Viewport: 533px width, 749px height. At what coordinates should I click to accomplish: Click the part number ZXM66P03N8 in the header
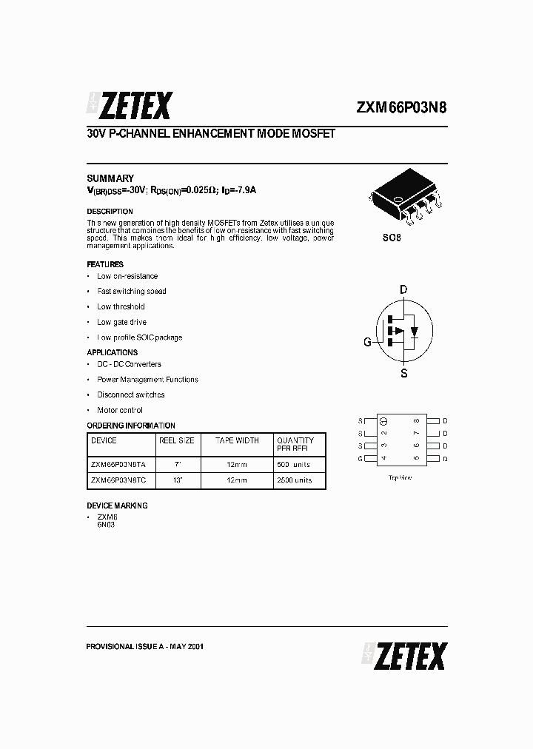click(x=401, y=107)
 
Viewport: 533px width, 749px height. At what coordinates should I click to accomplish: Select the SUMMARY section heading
click(x=110, y=178)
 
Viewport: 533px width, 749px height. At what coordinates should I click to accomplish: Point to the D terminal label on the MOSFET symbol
click(x=404, y=289)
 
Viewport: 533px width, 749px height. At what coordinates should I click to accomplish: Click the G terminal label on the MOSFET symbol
click(x=366, y=342)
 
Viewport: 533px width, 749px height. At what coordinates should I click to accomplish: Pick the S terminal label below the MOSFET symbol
click(x=404, y=374)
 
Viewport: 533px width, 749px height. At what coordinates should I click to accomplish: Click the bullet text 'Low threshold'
click(x=121, y=306)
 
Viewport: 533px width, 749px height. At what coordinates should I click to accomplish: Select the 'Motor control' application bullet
click(x=120, y=410)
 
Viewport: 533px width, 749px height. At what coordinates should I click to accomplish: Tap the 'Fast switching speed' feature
click(x=132, y=292)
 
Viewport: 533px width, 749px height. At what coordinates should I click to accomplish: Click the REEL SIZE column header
click(x=176, y=440)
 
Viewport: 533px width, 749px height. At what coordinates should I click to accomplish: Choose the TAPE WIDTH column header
click(x=237, y=440)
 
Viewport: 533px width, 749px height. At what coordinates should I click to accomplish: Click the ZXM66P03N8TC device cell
click(x=118, y=480)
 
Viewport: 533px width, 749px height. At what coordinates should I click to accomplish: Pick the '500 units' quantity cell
click(x=293, y=464)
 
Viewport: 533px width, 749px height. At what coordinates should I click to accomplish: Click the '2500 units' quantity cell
click(x=294, y=480)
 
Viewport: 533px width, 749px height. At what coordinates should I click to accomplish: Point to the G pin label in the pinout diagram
click(x=361, y=459)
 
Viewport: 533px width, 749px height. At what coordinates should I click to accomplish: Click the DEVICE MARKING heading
click(x=117, y=506)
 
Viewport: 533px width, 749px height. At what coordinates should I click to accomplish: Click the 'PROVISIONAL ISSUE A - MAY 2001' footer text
click(x=145, y=646)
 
